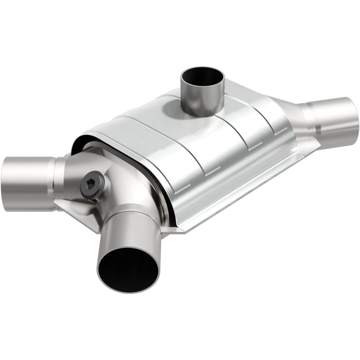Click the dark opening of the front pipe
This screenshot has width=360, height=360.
pos(128,268)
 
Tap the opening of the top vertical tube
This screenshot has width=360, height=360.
pos(202,77)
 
